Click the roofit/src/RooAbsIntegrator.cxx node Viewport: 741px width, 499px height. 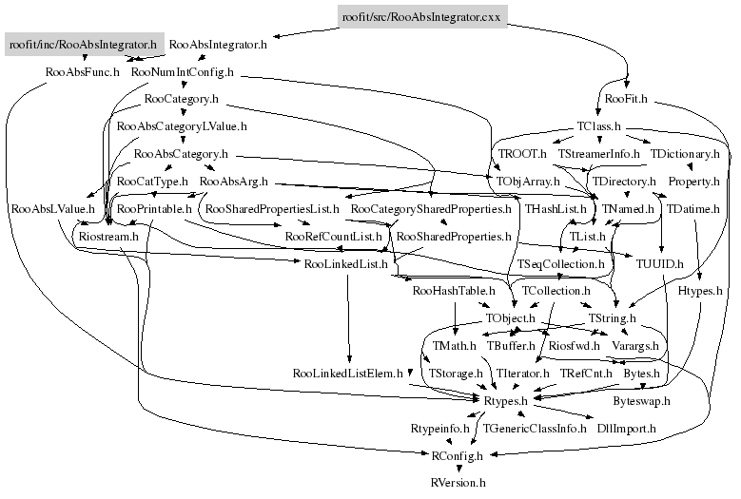(421, 16)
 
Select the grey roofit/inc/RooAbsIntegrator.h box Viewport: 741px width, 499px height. (82, 44)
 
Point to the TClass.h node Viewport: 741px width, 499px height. (599, 125)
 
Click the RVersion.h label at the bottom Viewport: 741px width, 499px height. (458, 483)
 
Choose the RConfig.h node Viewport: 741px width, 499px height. (458, 456)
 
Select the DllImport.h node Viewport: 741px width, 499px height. (625, 429)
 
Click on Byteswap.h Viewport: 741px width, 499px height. (641, 402)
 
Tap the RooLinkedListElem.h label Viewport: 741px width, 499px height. (349, 374)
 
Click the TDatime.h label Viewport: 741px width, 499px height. (692, 208)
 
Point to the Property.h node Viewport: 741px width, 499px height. (692, 181)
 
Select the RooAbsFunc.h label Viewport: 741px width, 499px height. (83, 71)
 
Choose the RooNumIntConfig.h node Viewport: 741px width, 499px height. (183, 71)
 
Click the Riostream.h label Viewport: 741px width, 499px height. (108, 236)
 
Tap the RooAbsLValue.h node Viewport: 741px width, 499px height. (52, 208)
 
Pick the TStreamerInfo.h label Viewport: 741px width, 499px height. (598, 153)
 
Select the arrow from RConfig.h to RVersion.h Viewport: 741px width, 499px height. (458, 470)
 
